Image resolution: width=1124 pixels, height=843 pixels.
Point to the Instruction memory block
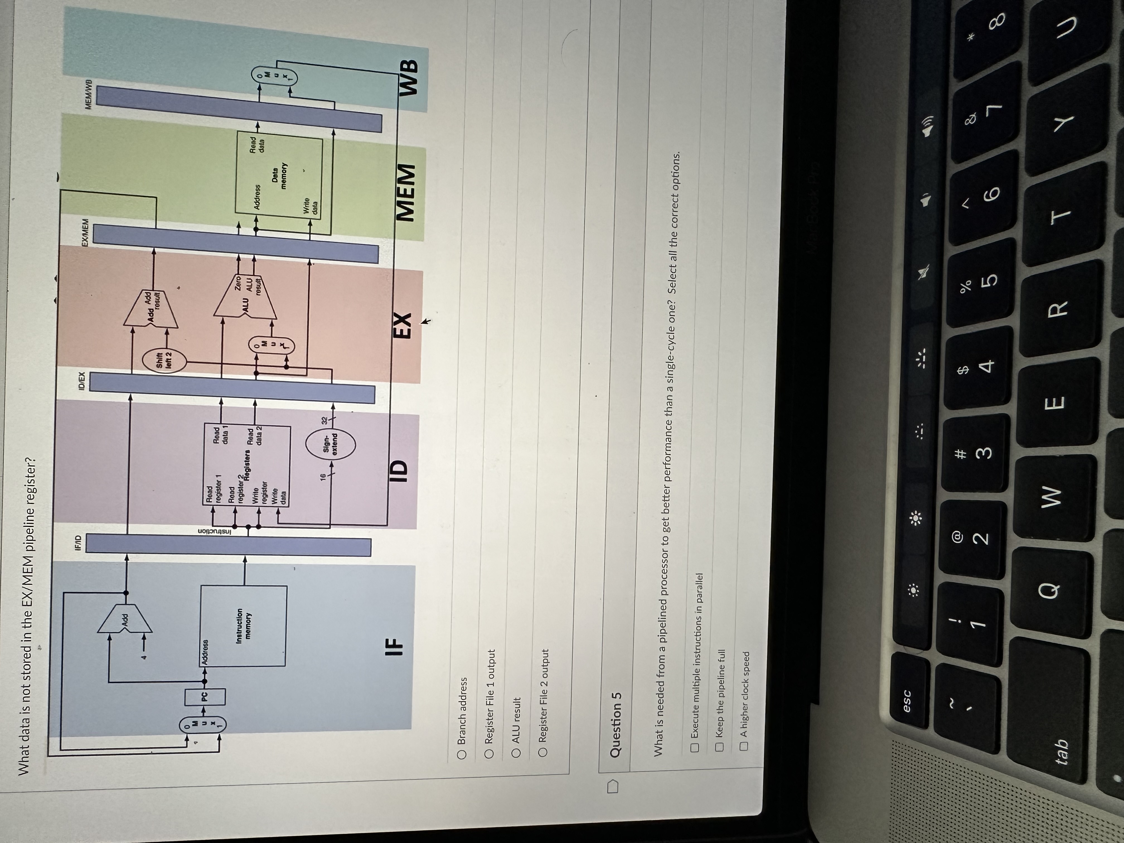pos(244,626)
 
